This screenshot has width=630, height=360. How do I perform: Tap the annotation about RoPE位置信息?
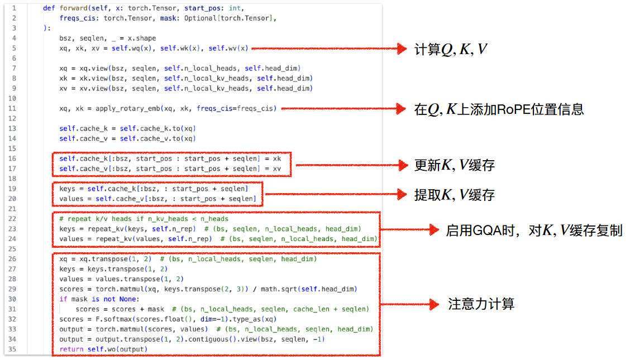(x=499, y=109)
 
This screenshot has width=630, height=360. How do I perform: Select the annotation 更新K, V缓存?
(x=454, y=165)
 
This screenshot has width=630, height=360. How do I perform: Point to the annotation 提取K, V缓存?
(x=454, y=195)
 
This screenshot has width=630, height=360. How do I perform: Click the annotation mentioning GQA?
(x=534, y=230)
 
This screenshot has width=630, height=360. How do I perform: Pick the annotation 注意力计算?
(x=481, y=304)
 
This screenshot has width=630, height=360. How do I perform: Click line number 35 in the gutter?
(x=12, y=349)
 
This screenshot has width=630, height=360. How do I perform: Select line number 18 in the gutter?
(x=12, y=179)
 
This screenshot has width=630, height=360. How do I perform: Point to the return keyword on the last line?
(x=71, y=349)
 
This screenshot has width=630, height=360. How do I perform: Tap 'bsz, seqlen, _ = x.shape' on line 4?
(x=108, y=39)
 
